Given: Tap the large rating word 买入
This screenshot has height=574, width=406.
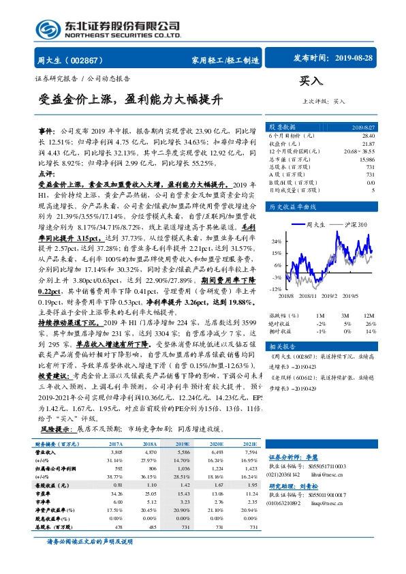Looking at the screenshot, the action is (311, 81).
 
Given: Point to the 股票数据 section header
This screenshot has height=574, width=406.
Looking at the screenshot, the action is (281, 127).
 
